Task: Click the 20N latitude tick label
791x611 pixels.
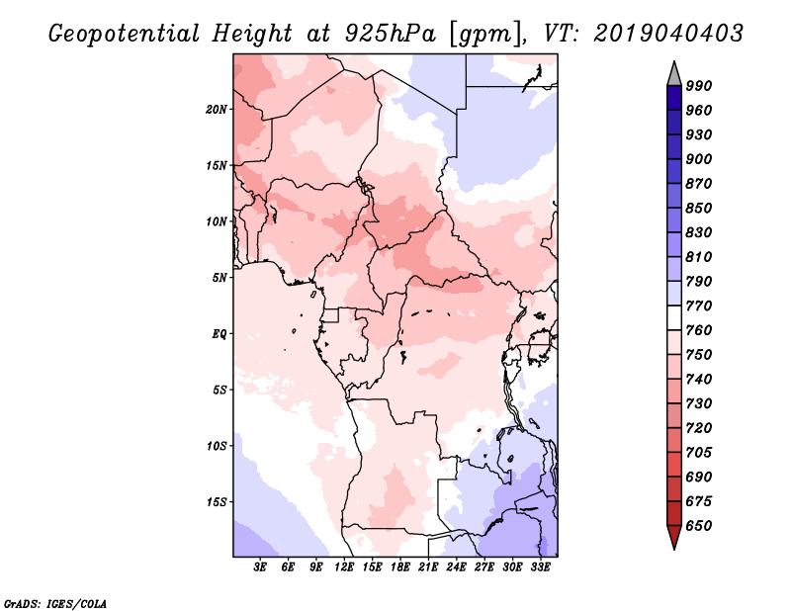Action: tap(217, 110)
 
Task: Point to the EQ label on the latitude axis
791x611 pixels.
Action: tap(219, 334)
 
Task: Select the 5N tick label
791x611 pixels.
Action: tap(220, 278)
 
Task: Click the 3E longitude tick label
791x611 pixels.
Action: tap(260, 567)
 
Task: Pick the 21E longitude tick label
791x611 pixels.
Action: tap(428, 567)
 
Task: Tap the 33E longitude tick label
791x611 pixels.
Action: tap(540, 567)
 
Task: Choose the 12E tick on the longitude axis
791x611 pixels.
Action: tap(344, 567)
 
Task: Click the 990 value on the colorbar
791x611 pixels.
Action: tap(699, 86)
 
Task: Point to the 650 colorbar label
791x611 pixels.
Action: tap(699, 526)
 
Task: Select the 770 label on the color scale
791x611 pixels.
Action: tap(699, 305)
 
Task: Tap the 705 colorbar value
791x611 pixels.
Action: tap(699, 453)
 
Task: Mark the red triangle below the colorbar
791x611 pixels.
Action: tap(674, 536)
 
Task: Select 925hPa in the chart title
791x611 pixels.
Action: tap(391, 34)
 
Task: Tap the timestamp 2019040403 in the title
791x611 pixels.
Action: tap(668, 34)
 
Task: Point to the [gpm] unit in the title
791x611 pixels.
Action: tap(485, 35)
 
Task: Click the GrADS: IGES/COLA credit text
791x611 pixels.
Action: tap(55, 603)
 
